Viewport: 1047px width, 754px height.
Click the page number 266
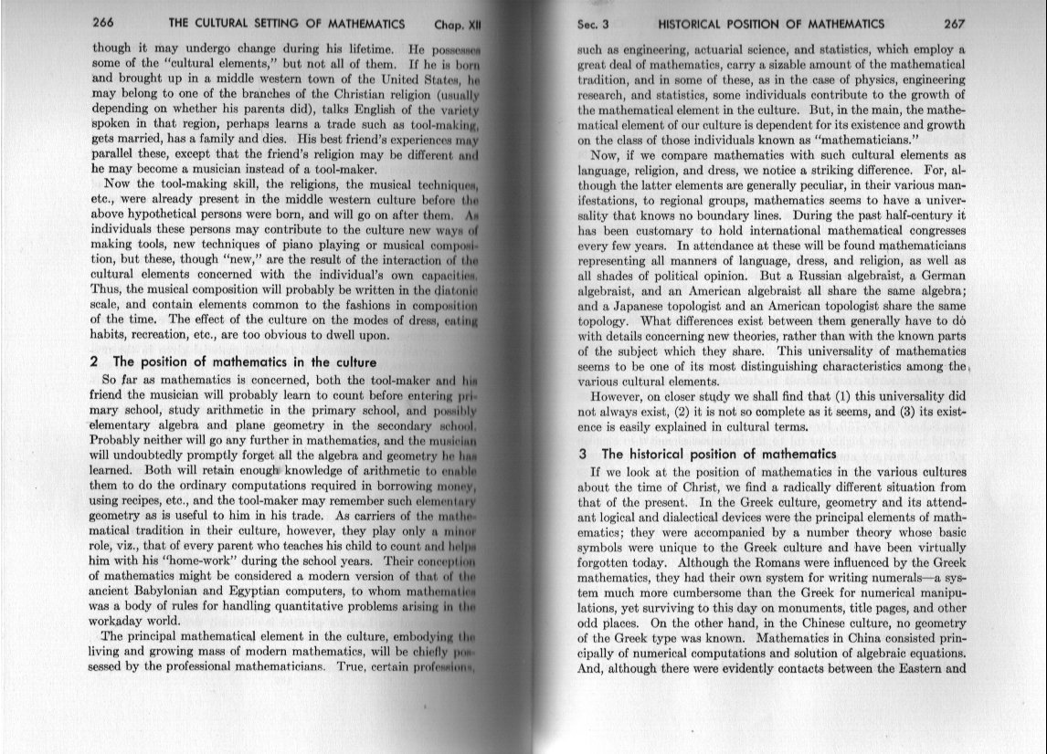[x=108, y=24]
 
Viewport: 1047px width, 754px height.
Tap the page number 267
[x=953, y=24]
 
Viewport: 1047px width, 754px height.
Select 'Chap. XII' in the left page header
[x=460, y=25]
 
